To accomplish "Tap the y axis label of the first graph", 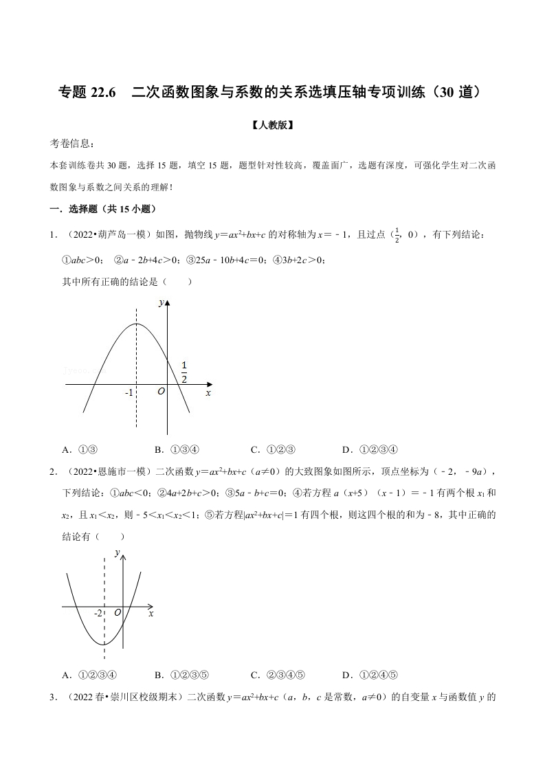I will coord(160,303).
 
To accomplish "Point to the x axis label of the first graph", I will coord(208,393).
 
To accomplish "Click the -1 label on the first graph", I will coord(129,393).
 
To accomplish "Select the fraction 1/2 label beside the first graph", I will coord(184,371).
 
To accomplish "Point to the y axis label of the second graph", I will coord(118,552).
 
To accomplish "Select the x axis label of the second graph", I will coord(151,612).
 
